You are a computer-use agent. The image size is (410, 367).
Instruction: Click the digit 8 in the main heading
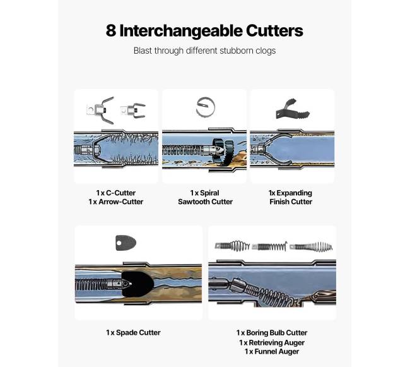pos(111,30)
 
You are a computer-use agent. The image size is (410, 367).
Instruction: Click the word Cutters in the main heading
pos(274,30)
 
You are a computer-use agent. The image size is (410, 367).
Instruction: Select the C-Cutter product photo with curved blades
pos(100,110)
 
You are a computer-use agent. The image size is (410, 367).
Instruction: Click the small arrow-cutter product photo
pos(133,110)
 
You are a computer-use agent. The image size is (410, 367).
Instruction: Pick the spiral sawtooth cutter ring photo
pos(206,107)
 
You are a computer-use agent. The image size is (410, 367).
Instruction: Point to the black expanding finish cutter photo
pos(293,109)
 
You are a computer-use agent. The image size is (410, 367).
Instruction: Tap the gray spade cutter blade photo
pos(126,243)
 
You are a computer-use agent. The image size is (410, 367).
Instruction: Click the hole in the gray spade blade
pos(119,243)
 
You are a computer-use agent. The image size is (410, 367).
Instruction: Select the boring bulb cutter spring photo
pos(232,246)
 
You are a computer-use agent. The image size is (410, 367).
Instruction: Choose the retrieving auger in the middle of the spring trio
pos(269,246)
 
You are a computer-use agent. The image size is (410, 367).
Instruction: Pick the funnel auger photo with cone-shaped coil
pos(311,246)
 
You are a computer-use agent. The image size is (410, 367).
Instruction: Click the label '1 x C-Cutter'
pos(116,193)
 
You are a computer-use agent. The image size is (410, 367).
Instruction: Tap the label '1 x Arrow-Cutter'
pos(116,202)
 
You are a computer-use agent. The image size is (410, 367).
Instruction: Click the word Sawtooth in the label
pos(194,202)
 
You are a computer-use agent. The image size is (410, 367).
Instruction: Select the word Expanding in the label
pos(294,193)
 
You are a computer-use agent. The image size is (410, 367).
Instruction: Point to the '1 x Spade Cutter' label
pos(133,333)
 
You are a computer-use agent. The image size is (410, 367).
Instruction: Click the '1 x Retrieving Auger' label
pos(272,342)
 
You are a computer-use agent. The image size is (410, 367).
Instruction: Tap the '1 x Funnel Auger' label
pos(272,352)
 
